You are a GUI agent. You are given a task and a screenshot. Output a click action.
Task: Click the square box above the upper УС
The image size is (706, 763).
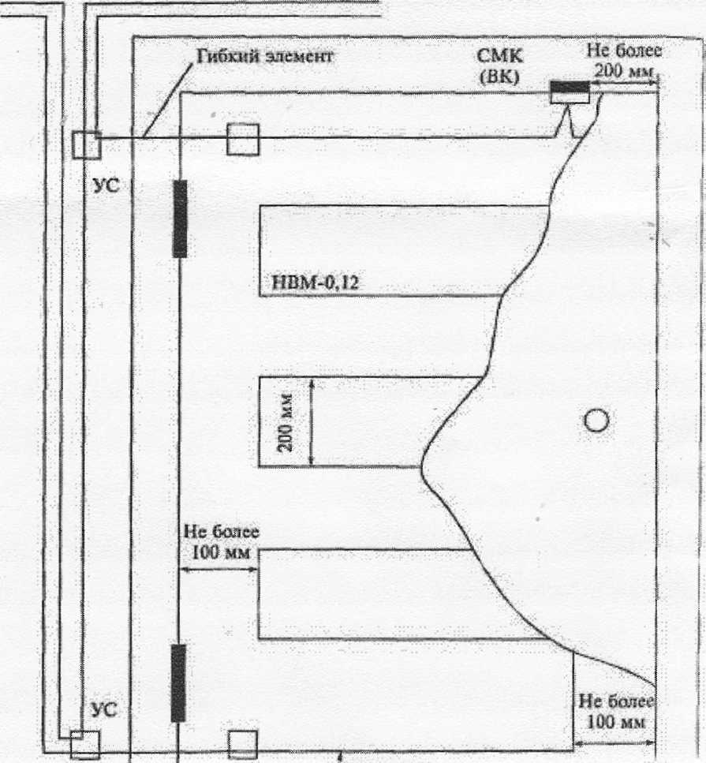(85, 144)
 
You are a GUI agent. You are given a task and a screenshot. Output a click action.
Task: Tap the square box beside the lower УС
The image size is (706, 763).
(84, 744)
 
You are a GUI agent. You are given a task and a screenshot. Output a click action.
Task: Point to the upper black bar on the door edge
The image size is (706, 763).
(180, 219)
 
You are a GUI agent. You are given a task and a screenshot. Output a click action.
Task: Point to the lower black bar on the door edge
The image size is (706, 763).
(179, 683)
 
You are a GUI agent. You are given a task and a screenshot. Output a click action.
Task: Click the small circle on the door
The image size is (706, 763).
(596, 421)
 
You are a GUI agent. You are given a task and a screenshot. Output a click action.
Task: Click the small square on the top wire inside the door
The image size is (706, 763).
(242, 139)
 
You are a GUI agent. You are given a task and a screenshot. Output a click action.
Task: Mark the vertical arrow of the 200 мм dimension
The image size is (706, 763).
(311, 422)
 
